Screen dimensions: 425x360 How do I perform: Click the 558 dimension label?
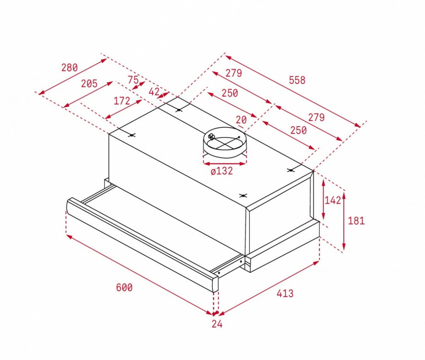coord(297,80)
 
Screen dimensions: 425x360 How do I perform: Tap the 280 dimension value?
coord(69,68)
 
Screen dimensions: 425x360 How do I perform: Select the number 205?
coord(89,83)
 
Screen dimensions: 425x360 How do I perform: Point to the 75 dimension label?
coord(133,80)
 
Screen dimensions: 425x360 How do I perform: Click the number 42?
coord(154,92)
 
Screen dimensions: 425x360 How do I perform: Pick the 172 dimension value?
coord(122,101)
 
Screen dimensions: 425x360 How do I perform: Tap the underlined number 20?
coord(241,120)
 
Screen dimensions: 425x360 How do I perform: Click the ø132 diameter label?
coord(222,171)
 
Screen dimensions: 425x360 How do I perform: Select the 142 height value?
coord(333,200)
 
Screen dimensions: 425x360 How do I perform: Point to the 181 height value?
coord(356,220)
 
